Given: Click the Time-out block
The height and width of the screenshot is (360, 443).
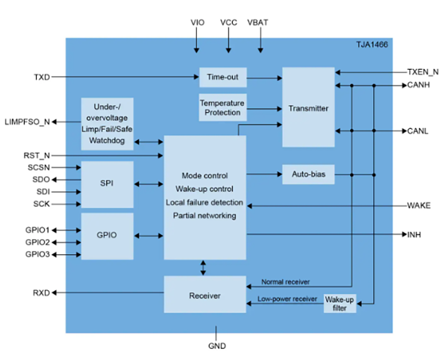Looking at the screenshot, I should pyautogui.click(x=223, y=77).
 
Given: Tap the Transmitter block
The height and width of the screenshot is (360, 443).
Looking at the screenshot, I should pyautogui.click(x=309, y=108).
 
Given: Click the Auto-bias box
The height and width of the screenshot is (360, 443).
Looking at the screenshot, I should pyautogui.click(x=308, y=174).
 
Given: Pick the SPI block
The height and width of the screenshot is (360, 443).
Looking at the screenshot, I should pyautogui.click(x=107, y=184).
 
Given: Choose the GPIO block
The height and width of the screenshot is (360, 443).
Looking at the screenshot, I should pyautogui.click(x=107, y=235).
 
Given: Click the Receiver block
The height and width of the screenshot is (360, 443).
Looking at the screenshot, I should pyautogui.click(x=205, y=295).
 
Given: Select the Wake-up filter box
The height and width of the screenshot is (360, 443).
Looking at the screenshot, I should pyautogui.click(x=340, y=303).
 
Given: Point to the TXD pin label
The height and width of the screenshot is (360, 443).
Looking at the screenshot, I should pyautogui.click(x=42, y=77).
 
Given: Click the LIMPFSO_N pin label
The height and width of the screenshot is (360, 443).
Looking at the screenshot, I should pyautogui.click(x=27, y=122).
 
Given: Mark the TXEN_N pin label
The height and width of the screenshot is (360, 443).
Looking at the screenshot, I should pyautogui.click(x=423, y=72).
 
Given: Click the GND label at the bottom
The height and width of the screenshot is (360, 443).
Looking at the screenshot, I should pyautogui.click(x=216, y=345).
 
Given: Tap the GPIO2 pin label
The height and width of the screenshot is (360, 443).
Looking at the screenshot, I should pyautogui.click(x=38, y=242).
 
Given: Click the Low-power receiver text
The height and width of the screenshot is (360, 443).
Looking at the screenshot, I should pyautogui.click(x=287, y=299).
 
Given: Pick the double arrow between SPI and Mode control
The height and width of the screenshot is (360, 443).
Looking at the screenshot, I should pyautogui.click(x=149, y=184).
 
